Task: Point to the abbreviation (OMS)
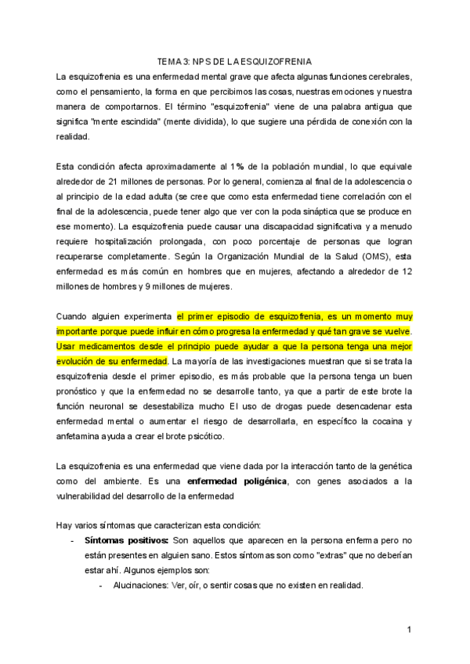(372, 256)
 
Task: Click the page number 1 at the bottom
(409, 630)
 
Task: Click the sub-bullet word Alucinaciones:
(141, 586)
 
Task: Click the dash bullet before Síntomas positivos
(72, 540)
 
